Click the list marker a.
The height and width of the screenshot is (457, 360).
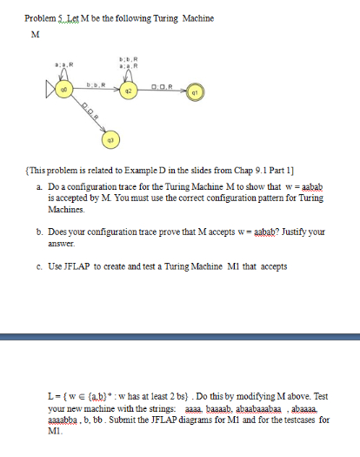point(40,187)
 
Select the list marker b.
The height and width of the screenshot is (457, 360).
point(40,232)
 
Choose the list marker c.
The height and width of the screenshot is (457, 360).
point(40,265)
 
